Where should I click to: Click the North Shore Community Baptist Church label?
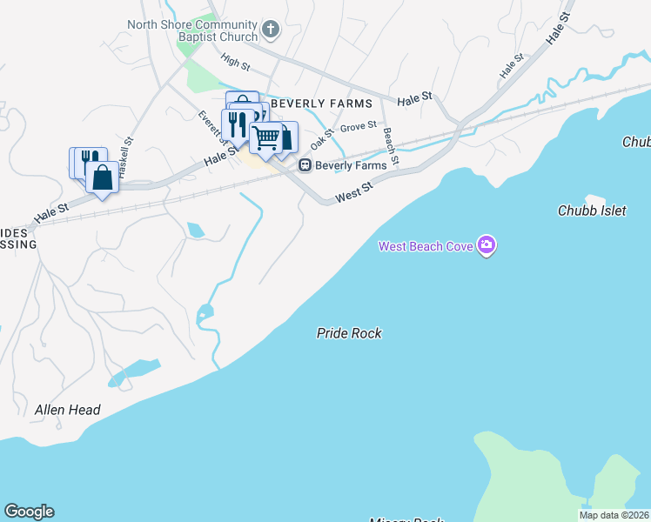pyautogui.click(x=192, y=30)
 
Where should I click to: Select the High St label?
pyautogui.click(x=235, y=62)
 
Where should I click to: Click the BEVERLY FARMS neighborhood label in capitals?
pyautogui.click(x=321, y=104)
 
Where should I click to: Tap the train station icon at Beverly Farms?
pyautogui.click(x=305, y=165)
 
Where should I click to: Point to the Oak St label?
pyautogui.click(x=322, y=137)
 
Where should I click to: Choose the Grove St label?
pyautogui.click(x=358, y=127)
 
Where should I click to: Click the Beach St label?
pyautogui.click(x=391, y=146)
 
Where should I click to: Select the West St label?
pyautogui.click(x=354, y=191)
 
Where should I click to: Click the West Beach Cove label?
pyautogui.click(x=426, y=246)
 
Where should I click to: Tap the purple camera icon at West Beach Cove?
pyautogui.click(x=487, y=246)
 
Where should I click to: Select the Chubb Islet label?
pyautogui.click(x=591, y=211)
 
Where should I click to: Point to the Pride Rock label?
pyautogui.click(x=349, y=333)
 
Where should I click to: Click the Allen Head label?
pyautogui.click(x=68, y=410)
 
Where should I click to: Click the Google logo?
pyautogui.click(x=29, y=512)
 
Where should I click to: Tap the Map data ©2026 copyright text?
pyautogui.click(x=614, y=515)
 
